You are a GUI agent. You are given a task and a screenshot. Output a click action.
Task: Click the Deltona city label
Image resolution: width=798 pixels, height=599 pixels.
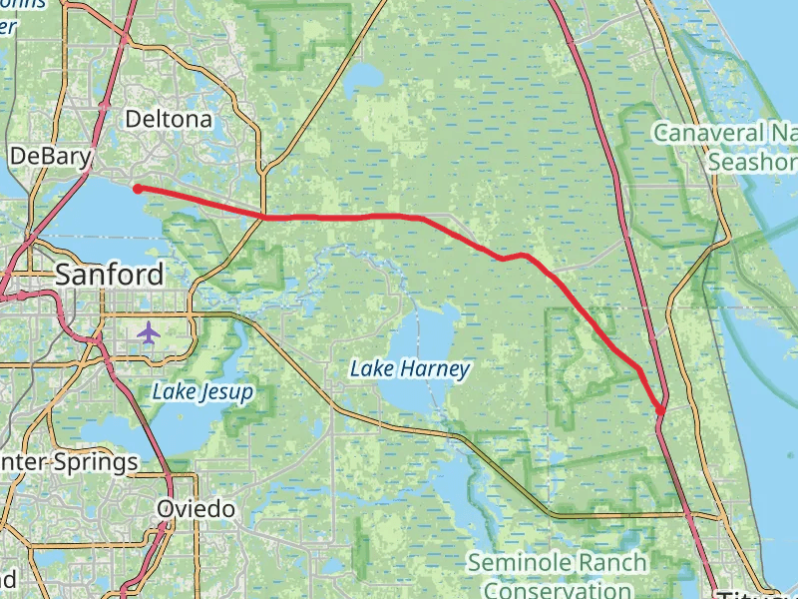169,120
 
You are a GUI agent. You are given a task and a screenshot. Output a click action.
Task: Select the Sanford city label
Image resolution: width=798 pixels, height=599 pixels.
110,275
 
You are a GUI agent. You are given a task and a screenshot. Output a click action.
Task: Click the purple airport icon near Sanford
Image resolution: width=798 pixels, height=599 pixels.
150,331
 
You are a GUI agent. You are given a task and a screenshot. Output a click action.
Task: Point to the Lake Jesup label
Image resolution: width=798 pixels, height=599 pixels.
202,392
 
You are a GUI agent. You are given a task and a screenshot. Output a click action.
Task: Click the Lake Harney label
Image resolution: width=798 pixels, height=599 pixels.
409,369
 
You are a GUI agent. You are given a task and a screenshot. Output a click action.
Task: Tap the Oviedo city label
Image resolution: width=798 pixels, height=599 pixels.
196,509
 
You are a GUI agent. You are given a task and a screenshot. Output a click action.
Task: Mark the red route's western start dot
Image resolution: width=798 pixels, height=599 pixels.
137,188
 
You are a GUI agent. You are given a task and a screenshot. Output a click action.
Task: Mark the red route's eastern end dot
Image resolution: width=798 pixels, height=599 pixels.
661,410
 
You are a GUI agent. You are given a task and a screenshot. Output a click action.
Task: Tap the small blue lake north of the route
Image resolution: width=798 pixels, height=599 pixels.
366,77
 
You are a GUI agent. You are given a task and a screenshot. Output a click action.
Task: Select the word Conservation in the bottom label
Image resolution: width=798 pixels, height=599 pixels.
557,589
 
